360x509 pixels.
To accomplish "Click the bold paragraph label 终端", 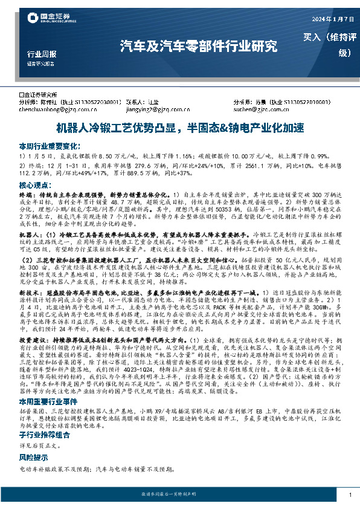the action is click(26, 196).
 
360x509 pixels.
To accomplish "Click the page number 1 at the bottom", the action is click(349, 495).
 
